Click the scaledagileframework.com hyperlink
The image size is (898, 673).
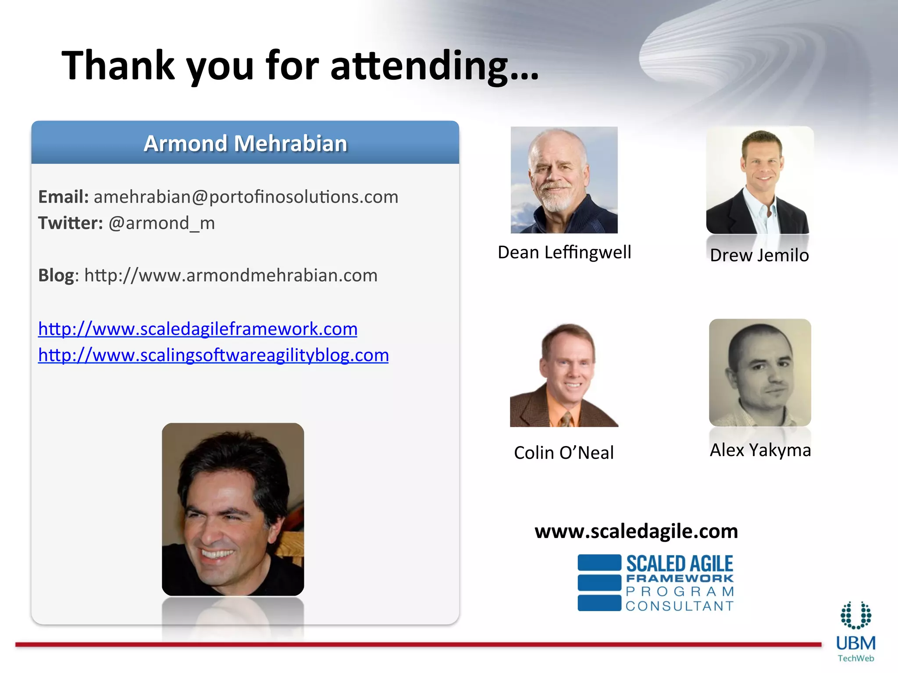[x=198, y=329]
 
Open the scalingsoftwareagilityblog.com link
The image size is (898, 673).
[x=214, y=355]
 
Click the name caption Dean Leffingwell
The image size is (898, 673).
[x=564, y=252]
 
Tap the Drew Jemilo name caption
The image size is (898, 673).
[x=759, y=255]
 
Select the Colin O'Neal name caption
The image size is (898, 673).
[x=564, y=453]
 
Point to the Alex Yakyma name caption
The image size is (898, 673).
[x=760, y=450]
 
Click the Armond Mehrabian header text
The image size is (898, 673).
[x=245, y=143]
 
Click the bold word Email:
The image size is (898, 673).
[x=64, y=197]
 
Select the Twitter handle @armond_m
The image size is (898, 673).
[x=161, y=223]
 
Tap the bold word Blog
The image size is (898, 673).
[x=56, y=276]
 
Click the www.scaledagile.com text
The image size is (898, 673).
[x=636, y=531]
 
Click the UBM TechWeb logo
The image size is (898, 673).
[x=855, y=632]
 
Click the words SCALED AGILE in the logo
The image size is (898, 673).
[x=679, y=563]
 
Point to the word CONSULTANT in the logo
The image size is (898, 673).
[x=680, y=606]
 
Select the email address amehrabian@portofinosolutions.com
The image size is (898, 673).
[x=246, y=197]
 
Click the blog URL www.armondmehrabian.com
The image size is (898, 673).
[x=231, y=276]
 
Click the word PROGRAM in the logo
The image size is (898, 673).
[x=680, y=592]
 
